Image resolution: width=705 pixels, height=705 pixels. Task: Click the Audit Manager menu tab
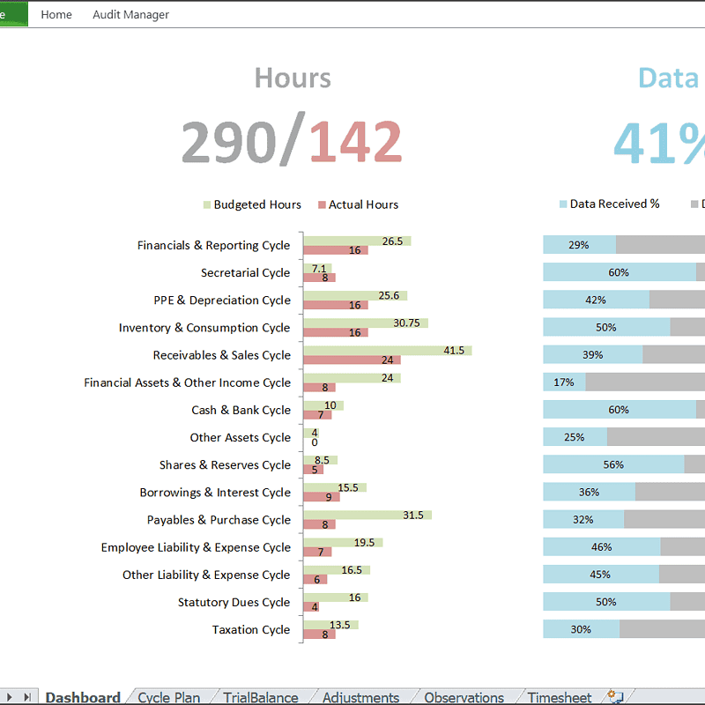[x=130, y=14]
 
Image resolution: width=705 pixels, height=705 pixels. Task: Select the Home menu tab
[x=56, y=14]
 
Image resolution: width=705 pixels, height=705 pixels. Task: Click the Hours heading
[x=293, y=78]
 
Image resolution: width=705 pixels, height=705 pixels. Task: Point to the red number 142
[x=355, y=142]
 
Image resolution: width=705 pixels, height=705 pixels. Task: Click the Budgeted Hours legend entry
[x=252, y=204]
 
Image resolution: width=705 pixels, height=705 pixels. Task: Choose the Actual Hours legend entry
[x=358, y=204]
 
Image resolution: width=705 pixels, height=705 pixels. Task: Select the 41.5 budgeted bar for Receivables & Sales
[x=388, y=351]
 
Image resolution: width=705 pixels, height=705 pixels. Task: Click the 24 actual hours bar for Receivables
[x=352, y=360]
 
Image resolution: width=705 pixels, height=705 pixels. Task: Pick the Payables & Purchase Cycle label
[x=219, y=520]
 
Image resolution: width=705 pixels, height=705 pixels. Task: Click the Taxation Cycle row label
[x=251, y=630]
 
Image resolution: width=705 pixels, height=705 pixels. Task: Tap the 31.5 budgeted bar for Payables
[x=367, y=515]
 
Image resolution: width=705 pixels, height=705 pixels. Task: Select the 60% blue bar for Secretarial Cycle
[x=619, y=272]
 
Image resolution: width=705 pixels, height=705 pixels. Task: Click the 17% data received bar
[x=564, y=382]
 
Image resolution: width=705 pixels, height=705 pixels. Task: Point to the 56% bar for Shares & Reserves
[x=613, y=464]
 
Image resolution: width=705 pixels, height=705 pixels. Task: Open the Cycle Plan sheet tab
[x=168, y=697]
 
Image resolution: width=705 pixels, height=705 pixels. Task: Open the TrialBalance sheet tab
[x=260, y=697]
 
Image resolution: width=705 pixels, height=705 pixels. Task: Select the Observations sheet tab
[x=464, y=697]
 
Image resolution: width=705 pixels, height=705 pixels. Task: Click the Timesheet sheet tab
[x=560, y=697]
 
